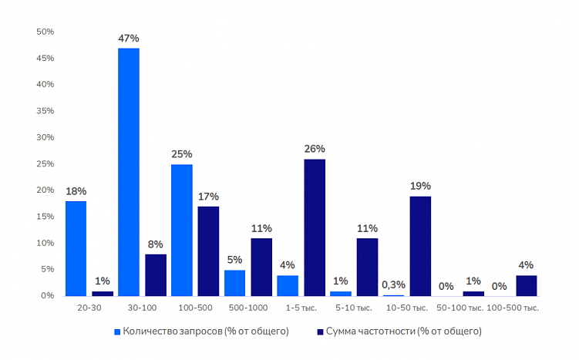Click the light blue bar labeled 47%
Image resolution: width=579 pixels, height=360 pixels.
129,172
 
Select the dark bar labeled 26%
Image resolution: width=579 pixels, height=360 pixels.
315,227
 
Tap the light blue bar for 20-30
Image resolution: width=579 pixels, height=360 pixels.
76,248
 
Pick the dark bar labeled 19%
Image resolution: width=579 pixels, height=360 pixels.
420,246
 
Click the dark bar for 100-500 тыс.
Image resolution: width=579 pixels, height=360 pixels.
526,285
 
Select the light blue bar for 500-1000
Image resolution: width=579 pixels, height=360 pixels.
234,283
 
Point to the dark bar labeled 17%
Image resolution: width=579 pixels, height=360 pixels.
208,251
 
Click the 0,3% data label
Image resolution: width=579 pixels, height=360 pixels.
393,284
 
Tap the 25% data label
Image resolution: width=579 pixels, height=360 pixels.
182,153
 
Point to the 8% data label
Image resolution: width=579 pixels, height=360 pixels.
155,244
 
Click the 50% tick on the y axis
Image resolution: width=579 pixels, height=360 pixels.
45,32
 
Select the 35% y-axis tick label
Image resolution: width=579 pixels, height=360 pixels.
45,111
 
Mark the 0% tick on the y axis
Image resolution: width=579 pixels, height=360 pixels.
47,296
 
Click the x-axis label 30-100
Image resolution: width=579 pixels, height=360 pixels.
142,308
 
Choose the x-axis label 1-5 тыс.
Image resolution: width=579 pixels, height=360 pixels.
301,308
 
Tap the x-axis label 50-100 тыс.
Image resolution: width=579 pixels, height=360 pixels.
459,308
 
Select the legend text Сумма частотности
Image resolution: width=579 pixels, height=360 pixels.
404,331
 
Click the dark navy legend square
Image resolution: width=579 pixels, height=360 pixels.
319,331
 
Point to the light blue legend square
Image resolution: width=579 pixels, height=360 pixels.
118,331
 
